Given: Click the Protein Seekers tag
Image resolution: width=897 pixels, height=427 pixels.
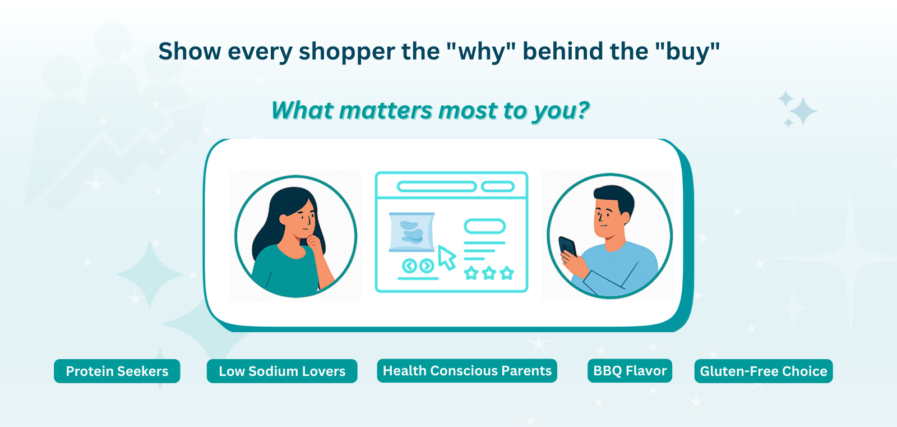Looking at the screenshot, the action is click(117, 371).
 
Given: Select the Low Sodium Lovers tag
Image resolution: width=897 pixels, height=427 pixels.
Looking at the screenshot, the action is click(282, 371).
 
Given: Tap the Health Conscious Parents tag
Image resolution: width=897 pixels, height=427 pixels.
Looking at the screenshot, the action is click(467, 370).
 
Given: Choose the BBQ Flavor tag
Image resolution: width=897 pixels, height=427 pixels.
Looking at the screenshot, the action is click(630, 370).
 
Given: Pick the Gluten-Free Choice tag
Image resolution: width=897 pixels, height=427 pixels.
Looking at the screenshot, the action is click(764, 371).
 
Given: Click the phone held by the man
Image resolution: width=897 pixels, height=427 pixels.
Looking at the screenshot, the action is click(567, 247).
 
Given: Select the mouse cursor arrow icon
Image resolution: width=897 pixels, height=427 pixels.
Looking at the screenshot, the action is click(446, 258).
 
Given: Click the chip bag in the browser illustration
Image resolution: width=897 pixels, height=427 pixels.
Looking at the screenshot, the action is click(411, 232).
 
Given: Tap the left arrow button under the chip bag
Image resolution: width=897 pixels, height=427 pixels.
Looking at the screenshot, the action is click(409, 266).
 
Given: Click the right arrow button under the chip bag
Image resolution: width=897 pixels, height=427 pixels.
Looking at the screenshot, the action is click(427, 266).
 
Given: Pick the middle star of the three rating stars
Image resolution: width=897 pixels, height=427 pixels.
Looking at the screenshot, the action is click(489, 273).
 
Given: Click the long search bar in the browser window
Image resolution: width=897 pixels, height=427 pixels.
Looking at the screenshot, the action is click(437, 186).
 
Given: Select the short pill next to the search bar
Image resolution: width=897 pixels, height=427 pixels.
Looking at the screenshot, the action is click(498, 186).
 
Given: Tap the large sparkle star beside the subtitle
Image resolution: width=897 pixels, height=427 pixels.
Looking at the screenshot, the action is click(803, 111).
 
